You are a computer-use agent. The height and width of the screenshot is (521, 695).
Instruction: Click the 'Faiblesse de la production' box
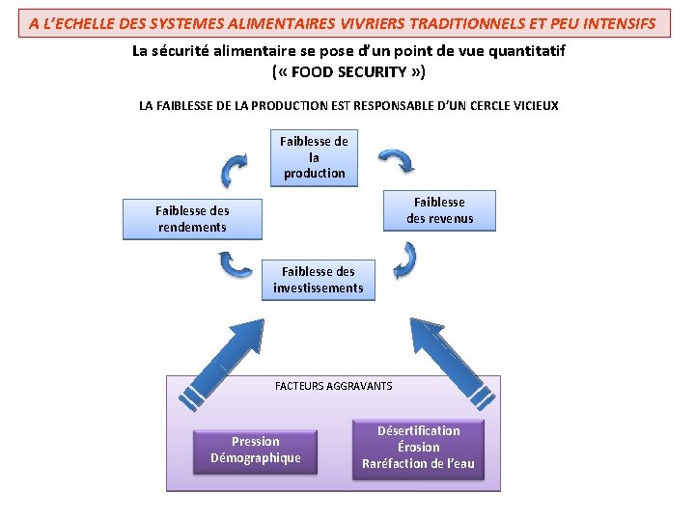coord(314,157)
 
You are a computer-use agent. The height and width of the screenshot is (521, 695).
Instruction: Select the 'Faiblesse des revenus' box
coord(439,210)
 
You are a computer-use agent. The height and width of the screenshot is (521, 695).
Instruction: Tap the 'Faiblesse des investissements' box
coord(319,280)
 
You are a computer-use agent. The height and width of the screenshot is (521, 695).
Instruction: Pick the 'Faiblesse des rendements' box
coord(192,219)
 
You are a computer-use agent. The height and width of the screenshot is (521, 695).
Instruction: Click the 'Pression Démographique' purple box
coord(255,450)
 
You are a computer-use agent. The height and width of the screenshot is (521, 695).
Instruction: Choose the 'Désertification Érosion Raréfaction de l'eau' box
coord(418,448)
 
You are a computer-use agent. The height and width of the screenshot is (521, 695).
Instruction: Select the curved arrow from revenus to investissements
coord(405,260)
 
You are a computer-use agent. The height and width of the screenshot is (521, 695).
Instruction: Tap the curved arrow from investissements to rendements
coord(235,262)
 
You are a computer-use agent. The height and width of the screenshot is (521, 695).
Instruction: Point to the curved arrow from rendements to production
coord(235,172)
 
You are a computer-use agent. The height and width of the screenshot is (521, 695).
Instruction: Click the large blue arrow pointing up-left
coord(443,362)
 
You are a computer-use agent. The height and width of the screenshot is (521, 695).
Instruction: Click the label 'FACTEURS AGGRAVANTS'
coord(333,386)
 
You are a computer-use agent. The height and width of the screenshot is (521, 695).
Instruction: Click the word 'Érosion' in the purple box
coord(418,448)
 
